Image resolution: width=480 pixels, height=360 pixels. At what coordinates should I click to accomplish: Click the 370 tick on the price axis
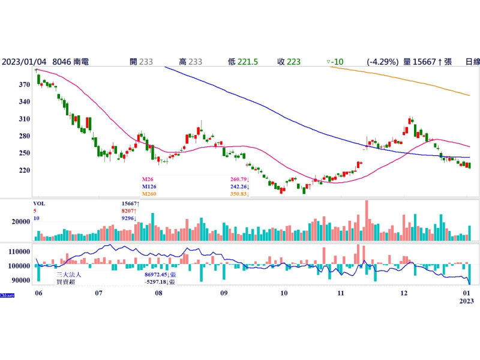pyautogui.click(x=23, y=85)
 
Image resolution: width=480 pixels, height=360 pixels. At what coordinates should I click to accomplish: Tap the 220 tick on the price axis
pyautogui.click(x=23, y=170)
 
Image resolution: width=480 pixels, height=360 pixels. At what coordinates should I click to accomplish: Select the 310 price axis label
pyautogui.click(x=23, y=119)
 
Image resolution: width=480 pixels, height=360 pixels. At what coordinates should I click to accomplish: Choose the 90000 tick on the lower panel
pyautogui.click(x=19, y=280)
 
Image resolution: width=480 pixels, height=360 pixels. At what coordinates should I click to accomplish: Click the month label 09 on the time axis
pyautogui.click(x=223, y=293)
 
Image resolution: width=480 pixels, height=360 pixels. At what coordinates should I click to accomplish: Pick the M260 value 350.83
pyautogui.click(x=238, y=194)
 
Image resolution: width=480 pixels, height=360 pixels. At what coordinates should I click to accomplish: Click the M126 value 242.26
pyautogui.click(x=238, y=187)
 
